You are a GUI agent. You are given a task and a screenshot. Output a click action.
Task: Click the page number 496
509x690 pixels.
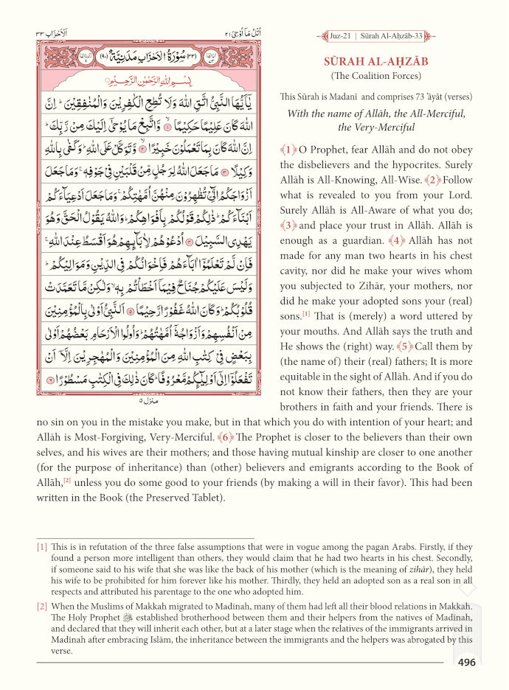pyautogui.click(x=466, y=662)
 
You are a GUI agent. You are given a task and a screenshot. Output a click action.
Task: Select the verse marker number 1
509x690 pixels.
pyautogui.click(x=286, y=148)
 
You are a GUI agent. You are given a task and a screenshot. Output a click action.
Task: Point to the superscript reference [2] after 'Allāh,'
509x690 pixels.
pyautogui.click(x=66, y=481)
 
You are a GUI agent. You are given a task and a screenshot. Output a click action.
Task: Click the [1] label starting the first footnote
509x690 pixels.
pyautogui.click(x=42, y=547)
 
